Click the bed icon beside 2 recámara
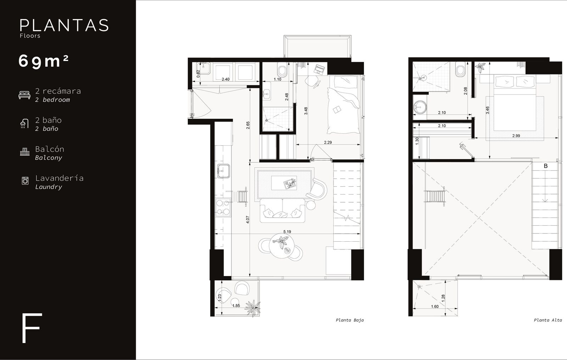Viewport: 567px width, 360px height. click(x=24, y=95)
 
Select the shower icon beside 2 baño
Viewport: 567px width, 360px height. click(x=24, y=124)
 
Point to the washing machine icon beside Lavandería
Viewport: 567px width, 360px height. click(x=25, y=180)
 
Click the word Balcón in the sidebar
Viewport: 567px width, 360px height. click(x=50, y=149)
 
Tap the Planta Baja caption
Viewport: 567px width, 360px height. click(x=349, y=320)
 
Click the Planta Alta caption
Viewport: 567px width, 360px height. click(x=548, y=320)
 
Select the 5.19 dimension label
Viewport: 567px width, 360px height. click(x=287, y=231)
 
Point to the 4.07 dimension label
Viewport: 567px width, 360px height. click(x=248, y=219)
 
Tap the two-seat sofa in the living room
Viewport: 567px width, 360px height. click(x=282, y=210)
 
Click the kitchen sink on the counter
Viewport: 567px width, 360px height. click(x=224, y=171)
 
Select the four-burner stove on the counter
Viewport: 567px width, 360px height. click(x=223, y=208)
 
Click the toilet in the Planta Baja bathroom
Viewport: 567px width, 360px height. click(x=282, y=69)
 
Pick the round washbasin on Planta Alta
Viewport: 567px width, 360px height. click(x=420, y=107)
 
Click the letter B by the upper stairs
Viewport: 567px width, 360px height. click(x=546, y=166)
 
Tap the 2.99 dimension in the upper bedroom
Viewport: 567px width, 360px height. click(x=516, y=136)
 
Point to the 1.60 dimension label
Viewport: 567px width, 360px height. click(x=434, y=306)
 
